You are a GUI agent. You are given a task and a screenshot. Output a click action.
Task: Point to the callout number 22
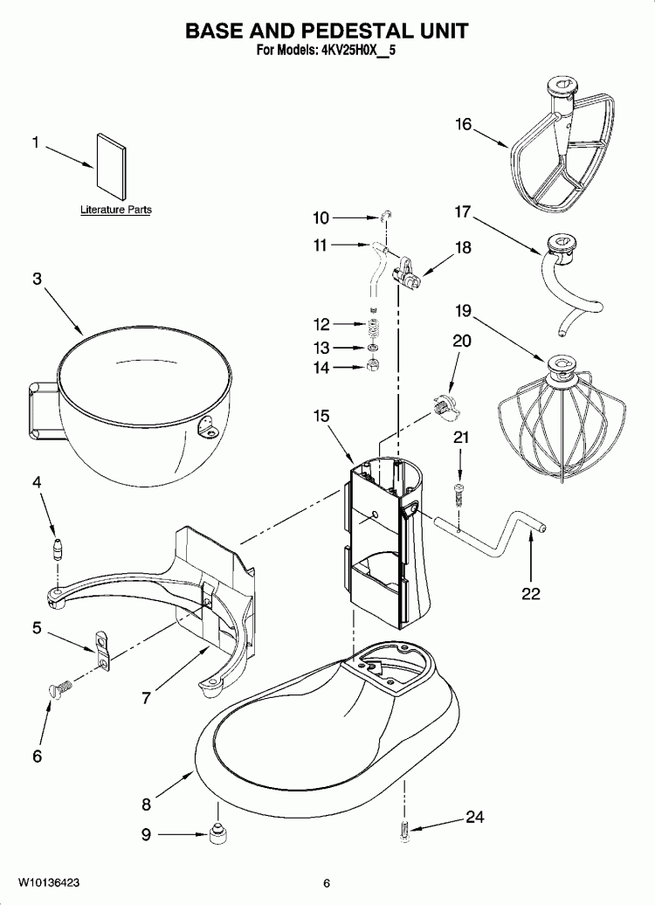point(530,594)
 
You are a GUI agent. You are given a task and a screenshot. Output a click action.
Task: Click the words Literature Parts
point(116,210)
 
